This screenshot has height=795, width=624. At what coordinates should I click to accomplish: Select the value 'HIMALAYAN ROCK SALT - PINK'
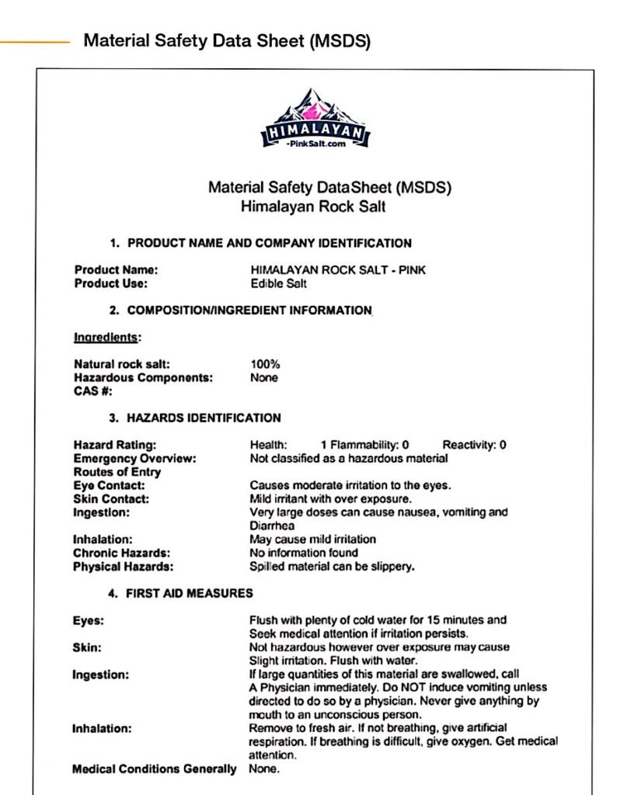338,270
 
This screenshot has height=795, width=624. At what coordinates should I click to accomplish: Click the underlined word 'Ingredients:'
107,337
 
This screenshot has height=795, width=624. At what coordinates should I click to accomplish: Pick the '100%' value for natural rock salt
265,363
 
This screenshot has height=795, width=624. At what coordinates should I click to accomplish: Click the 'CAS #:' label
91,391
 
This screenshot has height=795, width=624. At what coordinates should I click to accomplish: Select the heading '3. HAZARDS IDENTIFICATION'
194,418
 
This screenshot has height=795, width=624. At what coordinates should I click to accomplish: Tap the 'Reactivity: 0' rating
474,445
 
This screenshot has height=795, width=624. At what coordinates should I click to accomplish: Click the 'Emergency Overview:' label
134,458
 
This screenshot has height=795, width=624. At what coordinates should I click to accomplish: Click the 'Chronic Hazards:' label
121,553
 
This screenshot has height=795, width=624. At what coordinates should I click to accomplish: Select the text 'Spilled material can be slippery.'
332,566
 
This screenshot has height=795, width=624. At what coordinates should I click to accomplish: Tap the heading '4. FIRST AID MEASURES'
180,594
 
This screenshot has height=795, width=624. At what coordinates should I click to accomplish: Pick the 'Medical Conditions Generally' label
155,769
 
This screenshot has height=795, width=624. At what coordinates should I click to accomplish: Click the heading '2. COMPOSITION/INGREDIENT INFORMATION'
240,311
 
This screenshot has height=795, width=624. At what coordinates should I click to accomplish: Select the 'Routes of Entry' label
117,472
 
